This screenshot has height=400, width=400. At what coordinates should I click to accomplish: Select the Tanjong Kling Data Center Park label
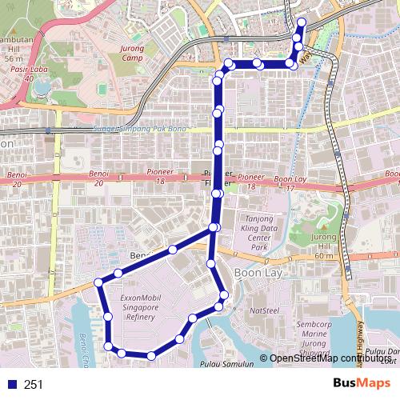tap(258, 233)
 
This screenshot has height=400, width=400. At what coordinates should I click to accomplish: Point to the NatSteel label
tap(265, 309)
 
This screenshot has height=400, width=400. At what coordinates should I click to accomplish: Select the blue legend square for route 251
tap(10, 384)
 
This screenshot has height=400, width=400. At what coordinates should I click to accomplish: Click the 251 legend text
tap(34, 384)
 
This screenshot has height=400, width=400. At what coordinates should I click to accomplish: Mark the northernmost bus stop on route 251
tap(301, 22)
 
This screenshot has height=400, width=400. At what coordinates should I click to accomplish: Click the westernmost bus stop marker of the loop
tap(99, 282)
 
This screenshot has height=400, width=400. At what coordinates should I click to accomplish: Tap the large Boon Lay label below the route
tap(258, 272)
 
